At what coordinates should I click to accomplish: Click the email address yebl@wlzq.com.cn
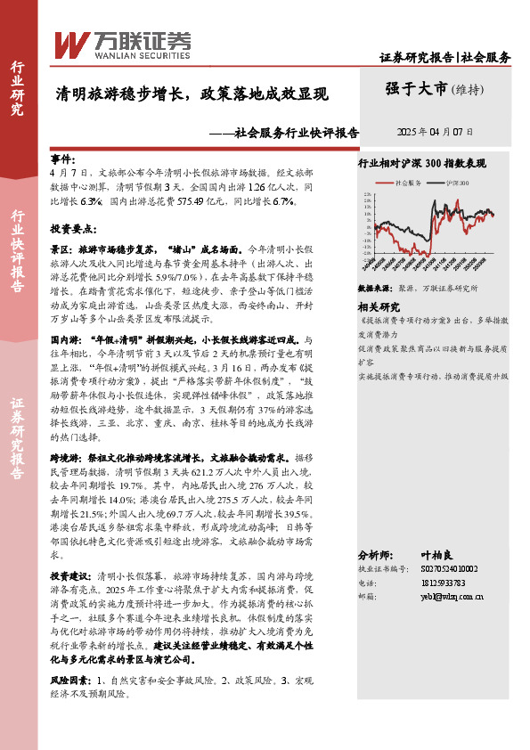(x=452, y=598)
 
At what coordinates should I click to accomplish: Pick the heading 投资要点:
(x=72, y=228)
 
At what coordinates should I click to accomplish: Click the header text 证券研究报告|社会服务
(x=445, y=58)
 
